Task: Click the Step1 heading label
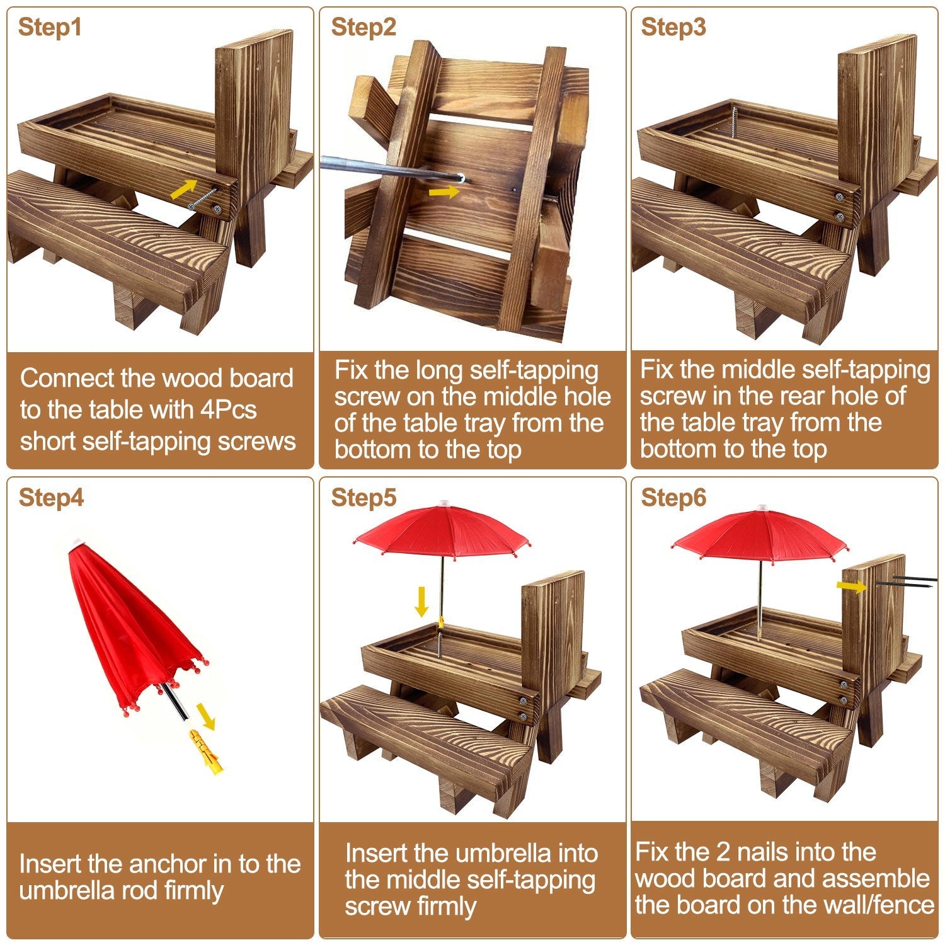coord(50,28)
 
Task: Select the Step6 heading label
coord(673,498)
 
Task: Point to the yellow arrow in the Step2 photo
coord(444,191)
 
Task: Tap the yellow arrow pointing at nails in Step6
coord(851,587)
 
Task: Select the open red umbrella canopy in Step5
coord(443,532)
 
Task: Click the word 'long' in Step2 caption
coord(440,370)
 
